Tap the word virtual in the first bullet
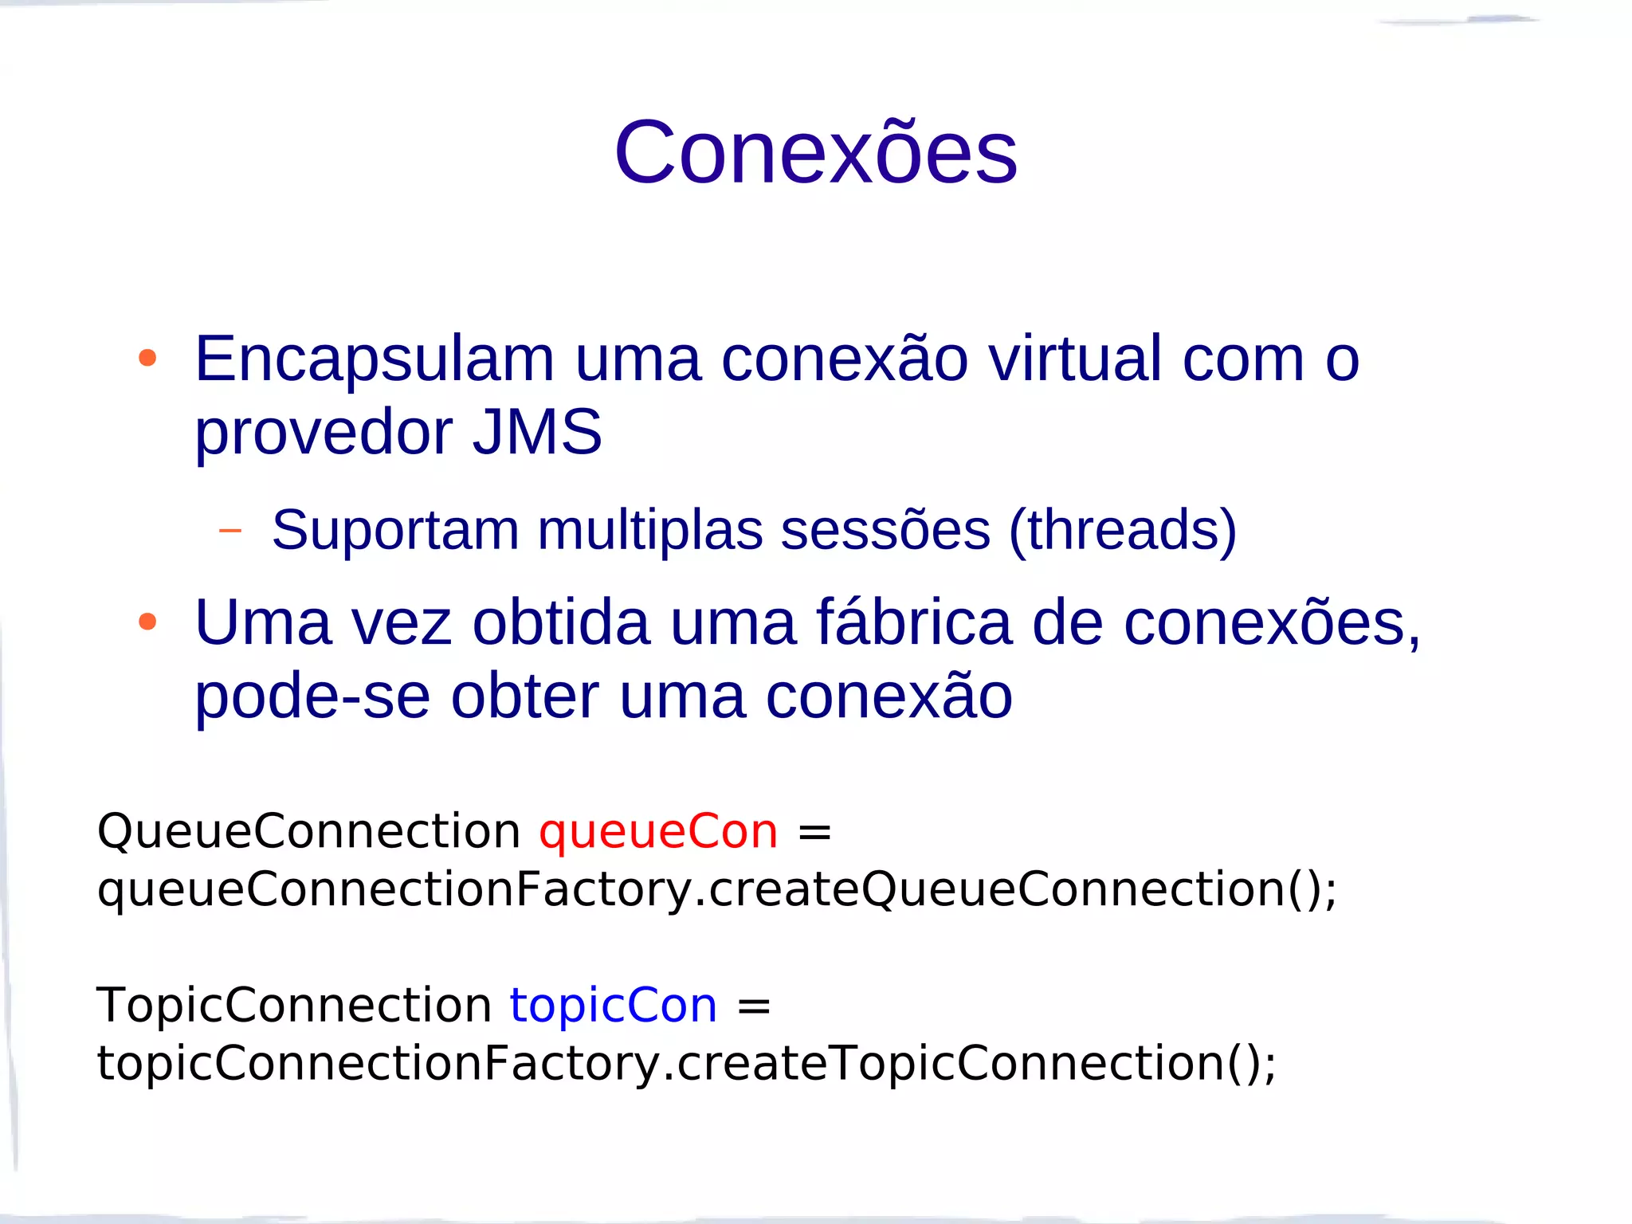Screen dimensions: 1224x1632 tap(1074, 359)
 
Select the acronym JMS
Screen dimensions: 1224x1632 tap(537, 432)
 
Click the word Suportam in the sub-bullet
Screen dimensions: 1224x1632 tap(395, 531)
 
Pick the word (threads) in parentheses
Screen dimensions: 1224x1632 tap(1123, 531)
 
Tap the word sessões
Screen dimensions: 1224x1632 tap(885, 531)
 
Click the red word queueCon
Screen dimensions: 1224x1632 tap(658, 832)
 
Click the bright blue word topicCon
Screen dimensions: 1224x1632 tap(614, 1006)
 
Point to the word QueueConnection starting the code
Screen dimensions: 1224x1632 tap(308, 832)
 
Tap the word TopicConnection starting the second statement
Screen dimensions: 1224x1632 tap(294, 1006)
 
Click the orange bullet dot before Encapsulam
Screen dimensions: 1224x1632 tap(147, 358)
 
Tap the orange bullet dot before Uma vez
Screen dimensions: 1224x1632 tap(147, 622)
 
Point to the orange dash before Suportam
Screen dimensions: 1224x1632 tap(230, 530)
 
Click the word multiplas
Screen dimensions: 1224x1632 tap(649, 531)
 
